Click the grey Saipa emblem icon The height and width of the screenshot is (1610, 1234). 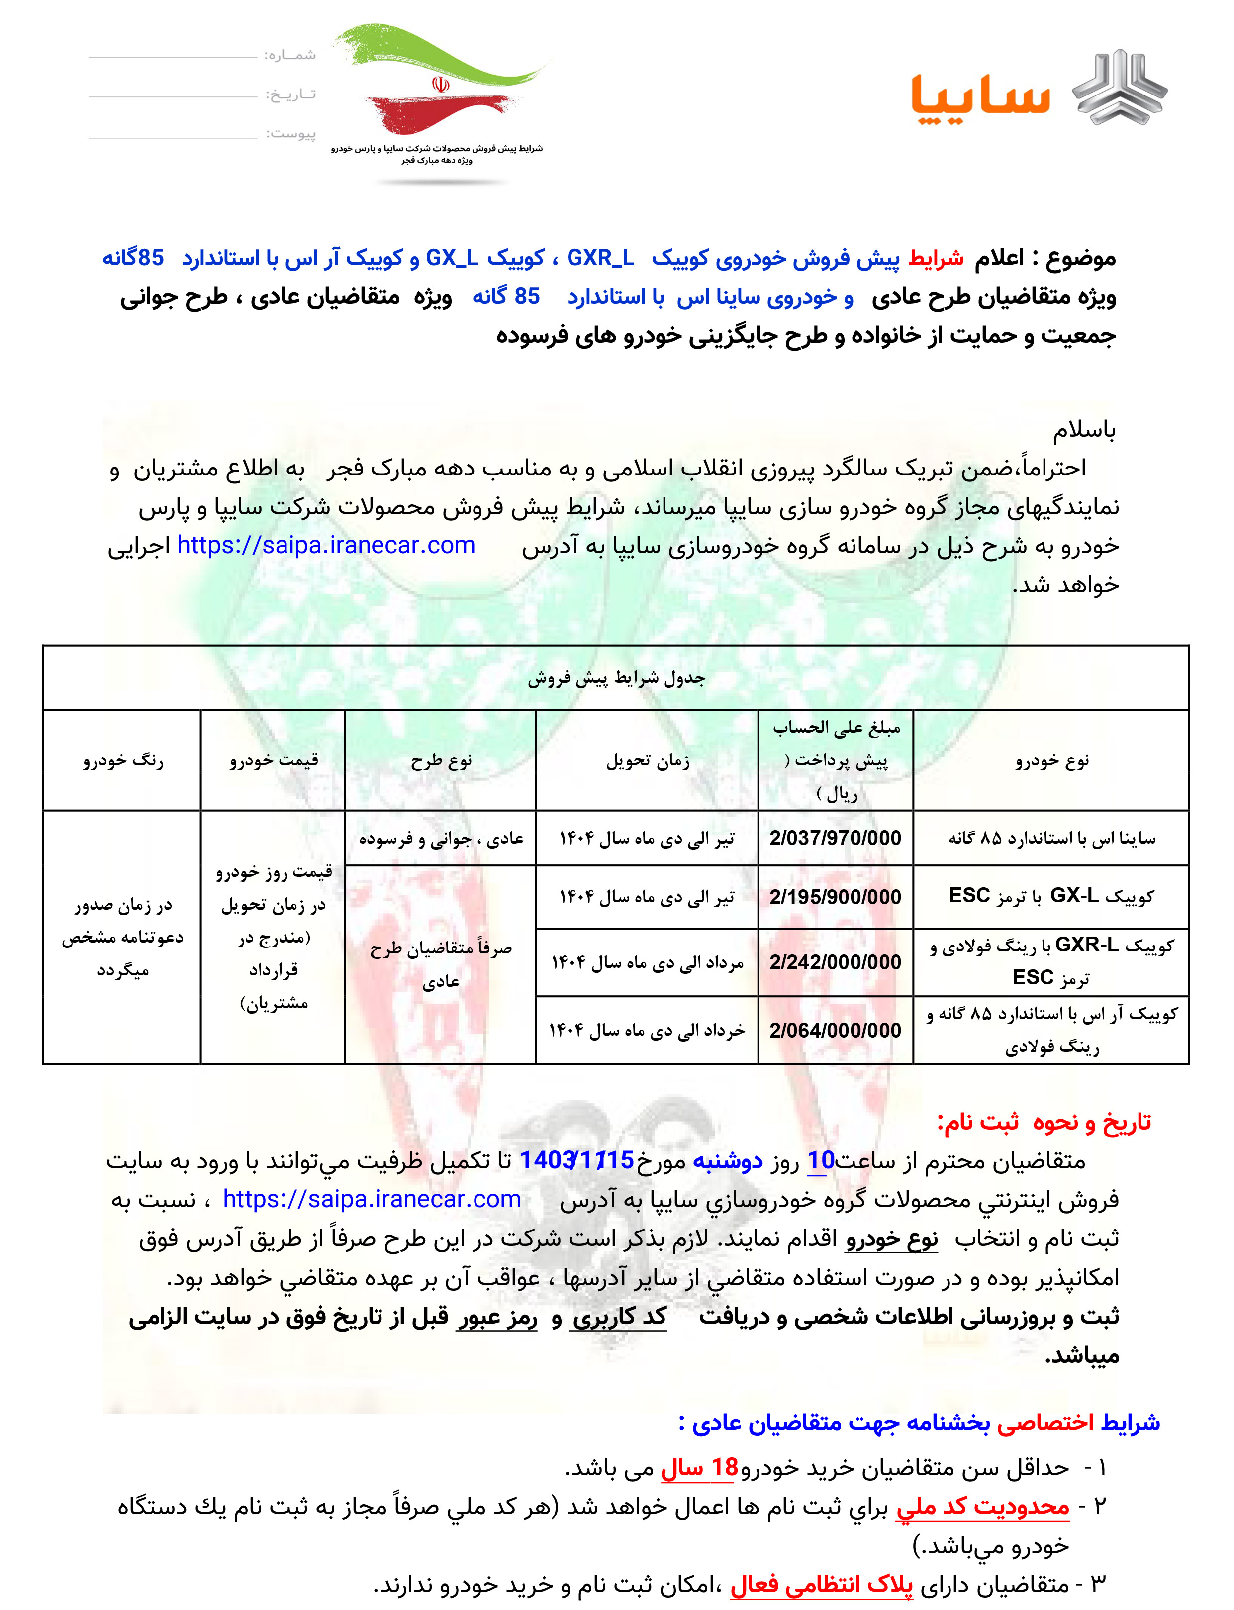1120,87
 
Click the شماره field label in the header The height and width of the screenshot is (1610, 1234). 289,55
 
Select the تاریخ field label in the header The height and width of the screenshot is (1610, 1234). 289,95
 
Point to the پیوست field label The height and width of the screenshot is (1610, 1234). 290,134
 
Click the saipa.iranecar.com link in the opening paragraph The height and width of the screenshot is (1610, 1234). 326,545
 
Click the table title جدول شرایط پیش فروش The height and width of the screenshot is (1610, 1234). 616,678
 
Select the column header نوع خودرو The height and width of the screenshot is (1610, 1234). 1051,760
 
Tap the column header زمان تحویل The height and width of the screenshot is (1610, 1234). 647,760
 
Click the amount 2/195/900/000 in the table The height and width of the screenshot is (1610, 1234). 835,897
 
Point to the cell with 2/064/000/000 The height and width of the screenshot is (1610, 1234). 835,1030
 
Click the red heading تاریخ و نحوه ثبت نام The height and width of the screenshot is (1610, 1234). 1043,1122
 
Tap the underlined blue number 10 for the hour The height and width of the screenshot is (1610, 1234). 821,1160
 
